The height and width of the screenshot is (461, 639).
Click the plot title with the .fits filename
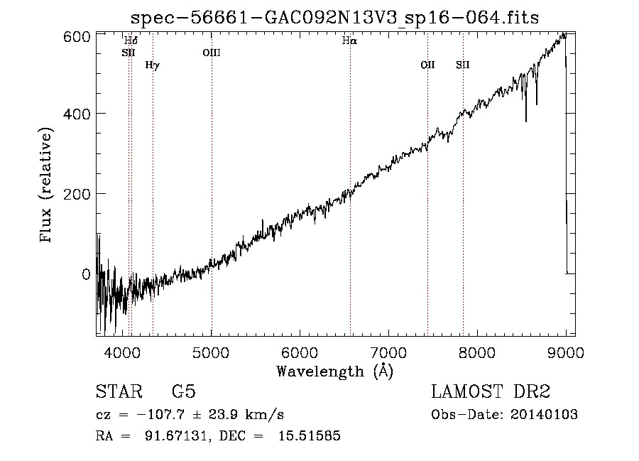point(334,18)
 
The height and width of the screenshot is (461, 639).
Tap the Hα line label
point(349,40)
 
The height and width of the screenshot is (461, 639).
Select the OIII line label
point(212,53)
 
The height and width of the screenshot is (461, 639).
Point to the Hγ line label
point(153,65)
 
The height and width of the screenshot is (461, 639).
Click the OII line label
point(427,65)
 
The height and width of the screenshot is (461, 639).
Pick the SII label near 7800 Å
point(462,65)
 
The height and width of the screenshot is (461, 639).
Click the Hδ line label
point(131,40)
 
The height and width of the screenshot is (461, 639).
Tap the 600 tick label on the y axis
point(77,37)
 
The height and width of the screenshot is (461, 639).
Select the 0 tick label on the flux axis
point(86,274)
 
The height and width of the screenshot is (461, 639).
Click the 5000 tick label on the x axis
point(211,352)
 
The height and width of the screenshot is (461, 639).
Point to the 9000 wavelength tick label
point(566,352)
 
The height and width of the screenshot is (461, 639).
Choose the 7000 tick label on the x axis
point(388,352)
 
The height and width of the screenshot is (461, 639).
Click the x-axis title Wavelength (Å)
point(335,371)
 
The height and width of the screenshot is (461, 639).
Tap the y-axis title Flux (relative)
point(45,185)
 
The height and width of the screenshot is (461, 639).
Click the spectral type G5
point(184,391)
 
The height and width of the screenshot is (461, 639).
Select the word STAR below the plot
point(119,391)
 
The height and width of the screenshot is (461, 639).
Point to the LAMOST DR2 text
point(491,391)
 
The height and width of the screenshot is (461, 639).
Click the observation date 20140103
point(544,415)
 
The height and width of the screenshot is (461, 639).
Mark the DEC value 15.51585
point(310,435)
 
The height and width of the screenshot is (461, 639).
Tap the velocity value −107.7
point(161,415)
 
